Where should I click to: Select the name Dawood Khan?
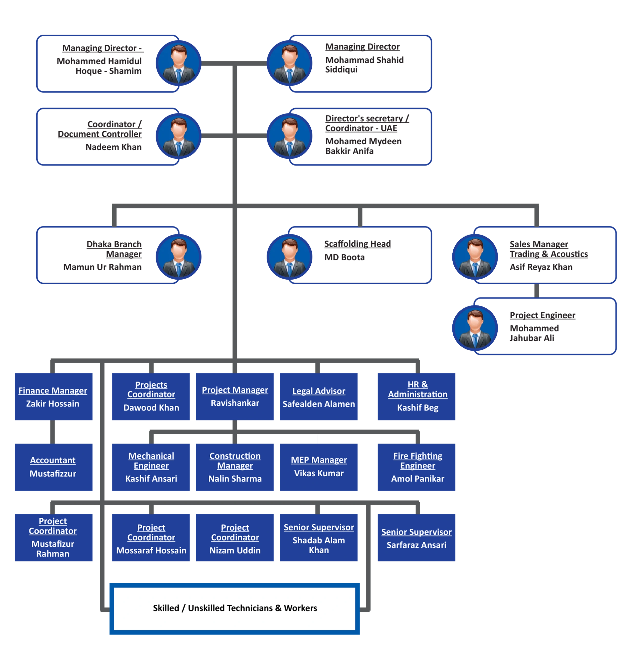[151, 408]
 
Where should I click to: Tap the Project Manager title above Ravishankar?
[235, 390]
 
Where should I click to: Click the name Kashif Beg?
[418, 408]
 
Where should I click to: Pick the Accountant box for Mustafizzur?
[54, 467]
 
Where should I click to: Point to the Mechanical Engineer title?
[151, 460]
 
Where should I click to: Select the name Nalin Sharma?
[235, 479]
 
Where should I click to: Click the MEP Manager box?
[318, 467]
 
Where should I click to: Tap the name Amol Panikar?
[418, 479]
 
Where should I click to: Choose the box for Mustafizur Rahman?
[54, 537]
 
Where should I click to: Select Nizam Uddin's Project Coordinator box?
[235, 537]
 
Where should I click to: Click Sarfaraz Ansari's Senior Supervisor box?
[417, 537]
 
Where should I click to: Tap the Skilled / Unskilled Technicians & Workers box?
[235, 608]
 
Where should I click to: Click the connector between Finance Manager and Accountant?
[52, 432]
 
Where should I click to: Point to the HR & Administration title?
[418, 389]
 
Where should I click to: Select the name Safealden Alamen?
[318, 404]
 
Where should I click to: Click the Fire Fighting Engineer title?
[418, 460]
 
